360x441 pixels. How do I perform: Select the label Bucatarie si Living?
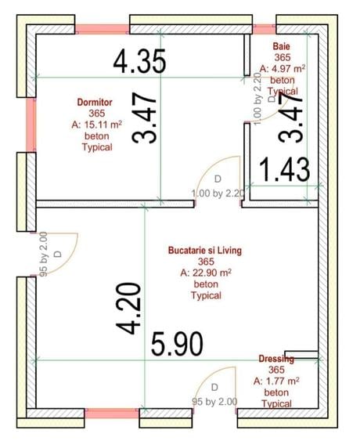(205, 251)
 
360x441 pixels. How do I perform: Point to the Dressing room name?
(276, 359)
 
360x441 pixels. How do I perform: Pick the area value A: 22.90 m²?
(205, 273)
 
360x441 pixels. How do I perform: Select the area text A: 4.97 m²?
(283, 69)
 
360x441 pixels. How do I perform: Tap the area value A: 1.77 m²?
(276, 381)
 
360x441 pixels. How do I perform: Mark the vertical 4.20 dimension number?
(129, 309)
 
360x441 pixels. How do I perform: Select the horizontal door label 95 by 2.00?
(214, 401)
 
